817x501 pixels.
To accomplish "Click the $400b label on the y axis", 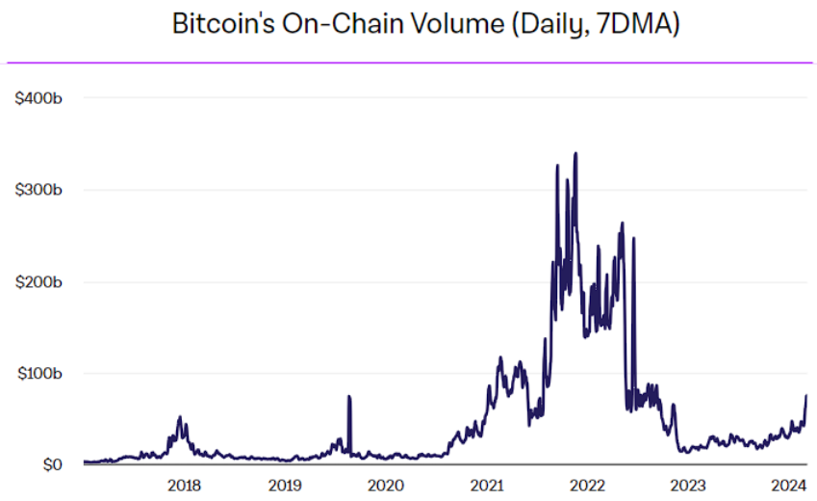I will pyautogui.click(x=39, y=98).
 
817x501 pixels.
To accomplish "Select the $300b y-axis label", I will pyautogui.click(x=39, y=190).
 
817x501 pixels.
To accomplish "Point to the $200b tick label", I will pyautogui.click(x=39, y=282).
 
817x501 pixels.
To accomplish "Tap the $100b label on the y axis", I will pyautogui.click(x=39, y=374).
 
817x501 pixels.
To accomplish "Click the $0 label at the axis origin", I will pyautogui.click(x=51, y=465).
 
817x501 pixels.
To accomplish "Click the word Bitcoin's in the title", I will pyautogui.click(x=222, y=25).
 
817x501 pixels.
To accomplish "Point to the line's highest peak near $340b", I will pyautogui.click(x=575, y=153).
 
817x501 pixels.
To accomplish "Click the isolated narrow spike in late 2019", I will pyautogui.click(x=348, y=397).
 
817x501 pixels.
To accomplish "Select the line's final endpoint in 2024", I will pyautogui.click(x=805, y=396).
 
